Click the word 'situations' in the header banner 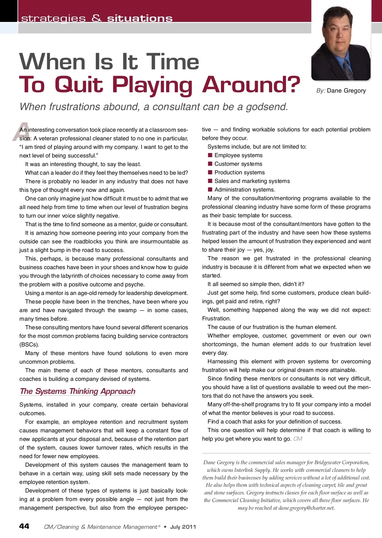140,18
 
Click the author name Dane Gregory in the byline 346,91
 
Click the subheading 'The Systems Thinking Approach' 77,391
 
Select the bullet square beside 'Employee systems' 210,155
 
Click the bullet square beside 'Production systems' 210,172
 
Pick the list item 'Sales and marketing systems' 252,181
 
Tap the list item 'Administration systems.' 244,190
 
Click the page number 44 24,526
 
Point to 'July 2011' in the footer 183,527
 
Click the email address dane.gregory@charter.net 306,508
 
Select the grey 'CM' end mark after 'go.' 298,439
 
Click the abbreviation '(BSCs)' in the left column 29,345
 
